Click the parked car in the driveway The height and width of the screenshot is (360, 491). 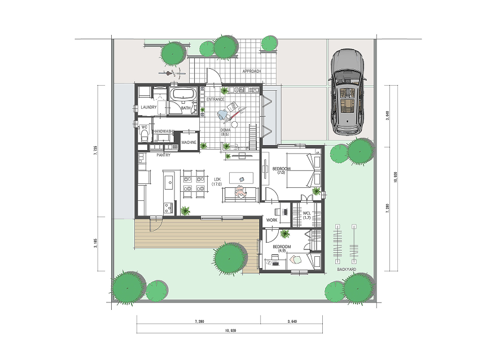point(348,92)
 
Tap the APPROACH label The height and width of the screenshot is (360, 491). point(252,71)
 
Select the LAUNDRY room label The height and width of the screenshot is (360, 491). point(148,107)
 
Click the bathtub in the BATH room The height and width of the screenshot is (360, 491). point(183,94)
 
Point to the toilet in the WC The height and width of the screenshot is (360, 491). point(144,135)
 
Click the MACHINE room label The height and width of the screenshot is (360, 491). point(189,142)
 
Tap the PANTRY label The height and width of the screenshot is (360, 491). point(164,155)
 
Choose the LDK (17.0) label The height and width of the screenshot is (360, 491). point(217,182)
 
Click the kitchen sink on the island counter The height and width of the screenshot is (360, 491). point(169,182)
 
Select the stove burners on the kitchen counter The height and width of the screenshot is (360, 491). point(168,208)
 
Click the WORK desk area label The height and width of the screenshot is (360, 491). point(271,220)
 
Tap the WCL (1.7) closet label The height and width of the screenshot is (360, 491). point(307,215)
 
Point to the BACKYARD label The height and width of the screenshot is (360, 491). point(347,269)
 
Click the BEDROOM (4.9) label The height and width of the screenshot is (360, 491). point(282,248)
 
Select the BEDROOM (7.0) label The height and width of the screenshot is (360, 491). point(281,170)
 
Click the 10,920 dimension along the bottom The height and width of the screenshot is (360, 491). point(230,330)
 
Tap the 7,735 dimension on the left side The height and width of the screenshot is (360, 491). point(95,150)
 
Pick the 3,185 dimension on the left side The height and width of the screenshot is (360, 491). point(95,244)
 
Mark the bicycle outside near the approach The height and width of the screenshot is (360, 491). point(172,74)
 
